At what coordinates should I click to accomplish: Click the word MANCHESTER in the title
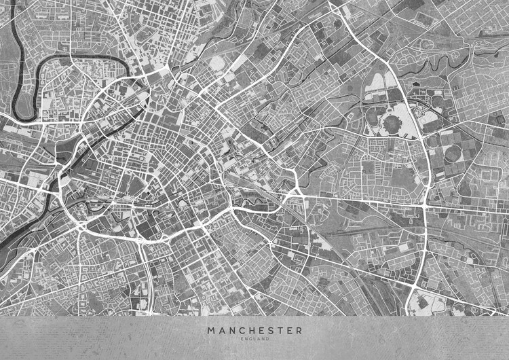pos(255,331)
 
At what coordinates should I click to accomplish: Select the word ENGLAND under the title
pos(255,339)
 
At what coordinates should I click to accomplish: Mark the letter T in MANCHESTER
pos(280,331)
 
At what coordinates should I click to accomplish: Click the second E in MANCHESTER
pos(289,331)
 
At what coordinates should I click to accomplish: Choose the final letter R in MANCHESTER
pos(299,331)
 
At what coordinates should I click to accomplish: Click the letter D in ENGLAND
pos(267,339)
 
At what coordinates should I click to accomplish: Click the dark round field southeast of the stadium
pos(451,154)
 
